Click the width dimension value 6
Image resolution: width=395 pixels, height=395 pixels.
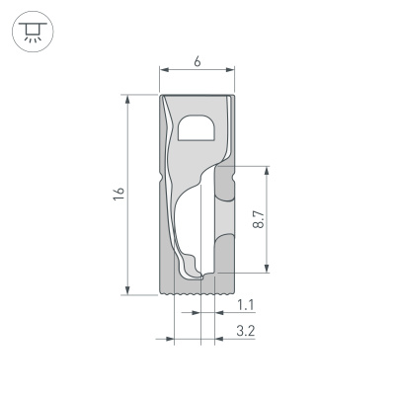[197, 60]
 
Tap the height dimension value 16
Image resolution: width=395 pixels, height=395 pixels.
[118, 195]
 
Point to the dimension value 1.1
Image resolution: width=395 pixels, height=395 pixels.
[247, 307]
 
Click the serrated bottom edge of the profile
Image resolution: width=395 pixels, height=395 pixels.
[197, 293]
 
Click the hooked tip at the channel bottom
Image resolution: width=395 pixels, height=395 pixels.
[198, 276]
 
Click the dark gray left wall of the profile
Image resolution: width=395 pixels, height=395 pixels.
[165, 237]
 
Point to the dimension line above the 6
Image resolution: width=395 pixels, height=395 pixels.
[197, 70]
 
